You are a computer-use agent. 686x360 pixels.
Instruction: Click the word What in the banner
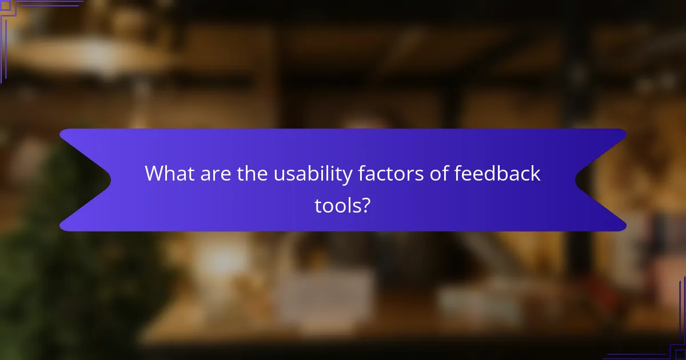pos(167,174)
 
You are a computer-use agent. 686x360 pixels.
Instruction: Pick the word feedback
pos(497,174)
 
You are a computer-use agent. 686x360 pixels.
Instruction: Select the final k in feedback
pos(536,174)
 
